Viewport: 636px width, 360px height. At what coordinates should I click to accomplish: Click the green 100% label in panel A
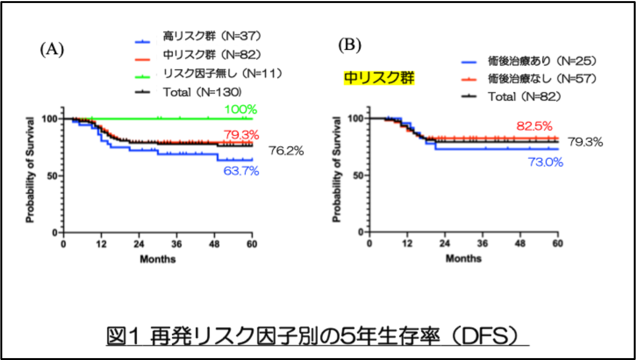pyautogui.click(x=241, y=109)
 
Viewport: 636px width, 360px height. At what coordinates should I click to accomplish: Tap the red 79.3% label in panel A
pyautogui.click(x=241, y=135)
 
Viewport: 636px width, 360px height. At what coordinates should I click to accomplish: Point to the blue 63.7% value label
pyautogui.click(x=241, y=171)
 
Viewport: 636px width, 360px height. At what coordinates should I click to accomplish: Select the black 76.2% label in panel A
pyautogui.click(x=286, y=151)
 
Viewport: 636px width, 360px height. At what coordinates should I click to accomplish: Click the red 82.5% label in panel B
pyautogui.click(x=534, y=126)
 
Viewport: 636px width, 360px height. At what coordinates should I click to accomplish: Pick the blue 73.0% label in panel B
pyautogui.click(x=545, y=162)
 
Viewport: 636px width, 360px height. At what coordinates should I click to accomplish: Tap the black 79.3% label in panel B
pyautogui.click(x=585, y=142)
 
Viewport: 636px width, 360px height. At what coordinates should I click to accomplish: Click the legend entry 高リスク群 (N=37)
pyautogui.click(x=212, y=36)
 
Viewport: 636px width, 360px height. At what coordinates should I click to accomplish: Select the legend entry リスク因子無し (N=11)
pyautogui.click(x=222, y=73)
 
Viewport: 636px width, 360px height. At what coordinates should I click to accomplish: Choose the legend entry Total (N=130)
pyautogui.click(x=202, y=92)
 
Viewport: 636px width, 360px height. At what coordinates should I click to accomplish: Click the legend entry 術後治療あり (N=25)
pyautogui.click(x=542, y=61)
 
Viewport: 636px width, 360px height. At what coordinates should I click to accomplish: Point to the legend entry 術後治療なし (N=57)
pyautogui.click(x=542, y=79)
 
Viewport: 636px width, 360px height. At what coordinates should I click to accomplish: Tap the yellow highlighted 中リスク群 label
pyautogui.click(x=379, y=78)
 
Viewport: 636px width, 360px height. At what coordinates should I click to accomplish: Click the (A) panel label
pyautogui.click(x=52, y=49)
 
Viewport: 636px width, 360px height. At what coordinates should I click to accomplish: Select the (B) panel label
pyautogui.click(x=349, y=45)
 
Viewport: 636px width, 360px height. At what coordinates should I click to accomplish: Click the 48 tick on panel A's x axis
pyautogui.click(x=214, y=244)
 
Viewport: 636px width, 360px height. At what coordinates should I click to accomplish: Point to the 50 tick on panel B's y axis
pyautogui.click(x=358, y=175)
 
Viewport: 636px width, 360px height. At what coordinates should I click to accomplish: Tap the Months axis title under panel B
pyautogui.click(x=463, y=258)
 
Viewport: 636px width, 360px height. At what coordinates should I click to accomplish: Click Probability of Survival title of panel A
pyautogui.click(x=30, y=170)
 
